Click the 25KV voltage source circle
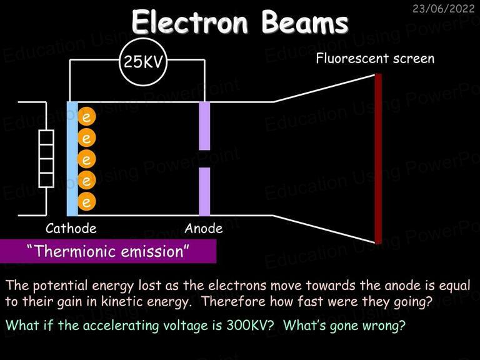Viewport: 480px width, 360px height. tap(143, 61)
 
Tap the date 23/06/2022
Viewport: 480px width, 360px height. tap(443, 9)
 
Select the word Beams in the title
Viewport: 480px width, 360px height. tap(305, 22)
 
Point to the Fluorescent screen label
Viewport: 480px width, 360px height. tap(375, 58)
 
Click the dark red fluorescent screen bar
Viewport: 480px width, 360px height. tap(378, 159)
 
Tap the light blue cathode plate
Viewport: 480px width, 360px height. tap(72, 159)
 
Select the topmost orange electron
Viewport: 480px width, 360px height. tap(87, 117)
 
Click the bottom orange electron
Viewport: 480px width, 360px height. tap(87, 201)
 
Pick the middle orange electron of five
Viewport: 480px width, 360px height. tap(87, 159)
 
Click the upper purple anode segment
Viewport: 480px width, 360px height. tap(204, 126)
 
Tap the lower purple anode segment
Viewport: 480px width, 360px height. tap(204, 192)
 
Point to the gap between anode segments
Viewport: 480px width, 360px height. tap(204, 159)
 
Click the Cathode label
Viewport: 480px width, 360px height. tap(71, 228)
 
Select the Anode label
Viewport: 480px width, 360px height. tap(204, 228)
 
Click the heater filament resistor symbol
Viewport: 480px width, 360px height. tap(46, 159)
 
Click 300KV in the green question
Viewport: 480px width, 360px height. tap(250, 325)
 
